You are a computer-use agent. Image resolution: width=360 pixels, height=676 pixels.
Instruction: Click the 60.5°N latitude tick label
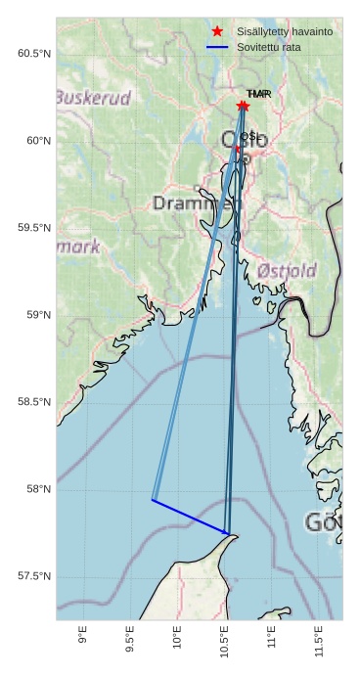point(34,53)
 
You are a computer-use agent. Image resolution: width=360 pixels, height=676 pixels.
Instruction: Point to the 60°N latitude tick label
point(37,141)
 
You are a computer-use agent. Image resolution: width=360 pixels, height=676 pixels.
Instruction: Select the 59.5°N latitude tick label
point(34,228)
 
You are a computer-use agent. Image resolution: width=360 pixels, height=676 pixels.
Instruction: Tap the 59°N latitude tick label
point(37,315)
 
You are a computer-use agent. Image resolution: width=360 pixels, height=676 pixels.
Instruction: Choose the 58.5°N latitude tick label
point(34,402)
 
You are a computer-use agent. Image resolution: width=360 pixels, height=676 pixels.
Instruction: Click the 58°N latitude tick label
point(37,489)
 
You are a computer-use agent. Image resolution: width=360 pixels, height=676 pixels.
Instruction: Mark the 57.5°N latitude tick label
point(34,576)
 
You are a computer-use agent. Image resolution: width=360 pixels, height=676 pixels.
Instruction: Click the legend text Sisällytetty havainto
point(278,32)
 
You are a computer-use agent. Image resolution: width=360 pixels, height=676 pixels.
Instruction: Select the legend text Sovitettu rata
point(262,47)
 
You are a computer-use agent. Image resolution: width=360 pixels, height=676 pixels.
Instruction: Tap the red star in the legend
point(217,32)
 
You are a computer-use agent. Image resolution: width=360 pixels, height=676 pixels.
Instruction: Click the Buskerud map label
point(93,98)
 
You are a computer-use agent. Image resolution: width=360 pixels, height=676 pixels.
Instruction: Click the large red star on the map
point(243,106)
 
